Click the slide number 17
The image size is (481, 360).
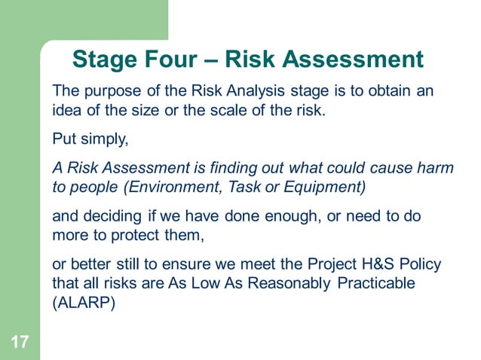pos(20,343)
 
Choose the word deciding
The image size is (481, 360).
pos(108,216)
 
